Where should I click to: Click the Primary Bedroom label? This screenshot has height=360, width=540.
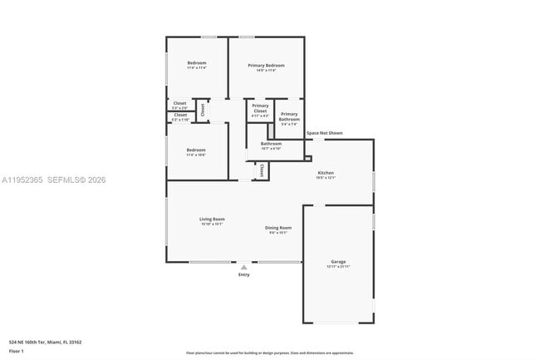pyautogui.click(x=266, y=66)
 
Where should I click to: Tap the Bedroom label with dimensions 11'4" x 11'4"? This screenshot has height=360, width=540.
pyautogui.click(x=196, y=64)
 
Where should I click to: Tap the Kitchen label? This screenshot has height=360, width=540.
pyautogui.click(x=325, y=173)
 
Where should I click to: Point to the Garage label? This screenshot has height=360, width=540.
pyautogui.click(x=338, y=262)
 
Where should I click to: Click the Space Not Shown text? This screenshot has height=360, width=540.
pyautogui.click(x=324, y=133)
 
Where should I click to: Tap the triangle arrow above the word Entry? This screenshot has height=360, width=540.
pyautogui.click(x=243, y=268)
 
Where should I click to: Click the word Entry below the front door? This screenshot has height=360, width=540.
pyautogui.click(x=243, y=275)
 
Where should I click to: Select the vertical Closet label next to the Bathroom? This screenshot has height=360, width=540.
pyautogui.click(x=262, y=170)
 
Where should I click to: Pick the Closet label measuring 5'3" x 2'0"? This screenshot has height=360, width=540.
pyautogui.click(x=179, y=104)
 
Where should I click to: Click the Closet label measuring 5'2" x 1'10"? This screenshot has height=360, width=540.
pyautogui.click(x=179, y=116)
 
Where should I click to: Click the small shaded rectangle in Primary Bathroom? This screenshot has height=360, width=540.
pyautogui.click(x=270, y=131)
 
